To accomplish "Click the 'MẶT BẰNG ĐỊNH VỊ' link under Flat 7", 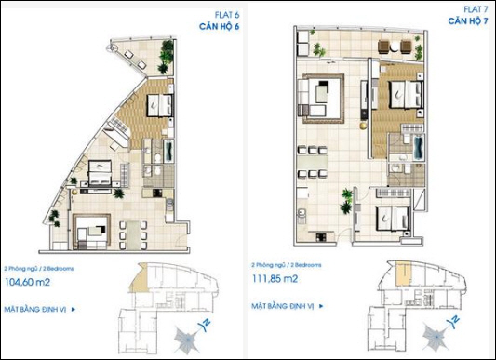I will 285,305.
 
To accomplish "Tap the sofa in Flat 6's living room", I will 92,230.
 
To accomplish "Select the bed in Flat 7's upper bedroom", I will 403,95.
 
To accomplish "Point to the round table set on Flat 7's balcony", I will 382,45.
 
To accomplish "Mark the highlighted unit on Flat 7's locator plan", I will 401,273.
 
